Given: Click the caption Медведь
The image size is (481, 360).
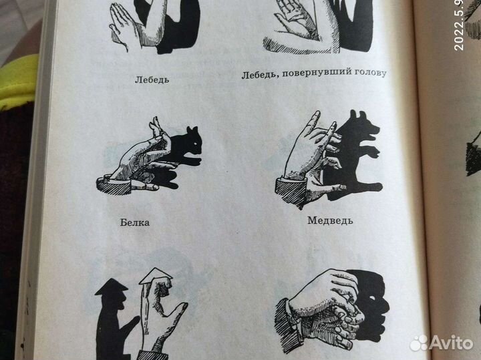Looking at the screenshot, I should (330, 220).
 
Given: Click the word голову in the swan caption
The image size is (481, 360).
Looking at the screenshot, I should (369, 72).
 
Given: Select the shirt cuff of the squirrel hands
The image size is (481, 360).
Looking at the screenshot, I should (105, 183).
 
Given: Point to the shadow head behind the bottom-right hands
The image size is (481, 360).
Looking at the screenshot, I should (374, 297).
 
